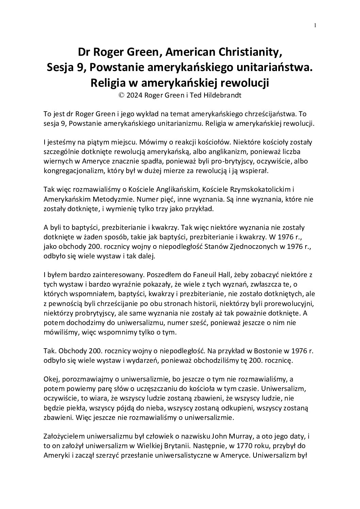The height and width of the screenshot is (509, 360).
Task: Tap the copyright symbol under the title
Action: pyautogui.click(x=121, y=95)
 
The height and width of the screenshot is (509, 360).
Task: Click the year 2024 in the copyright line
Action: pyautogui.click(x=134, y=95)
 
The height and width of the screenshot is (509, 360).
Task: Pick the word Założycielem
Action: pyautogui.click(x=64, y=436)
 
